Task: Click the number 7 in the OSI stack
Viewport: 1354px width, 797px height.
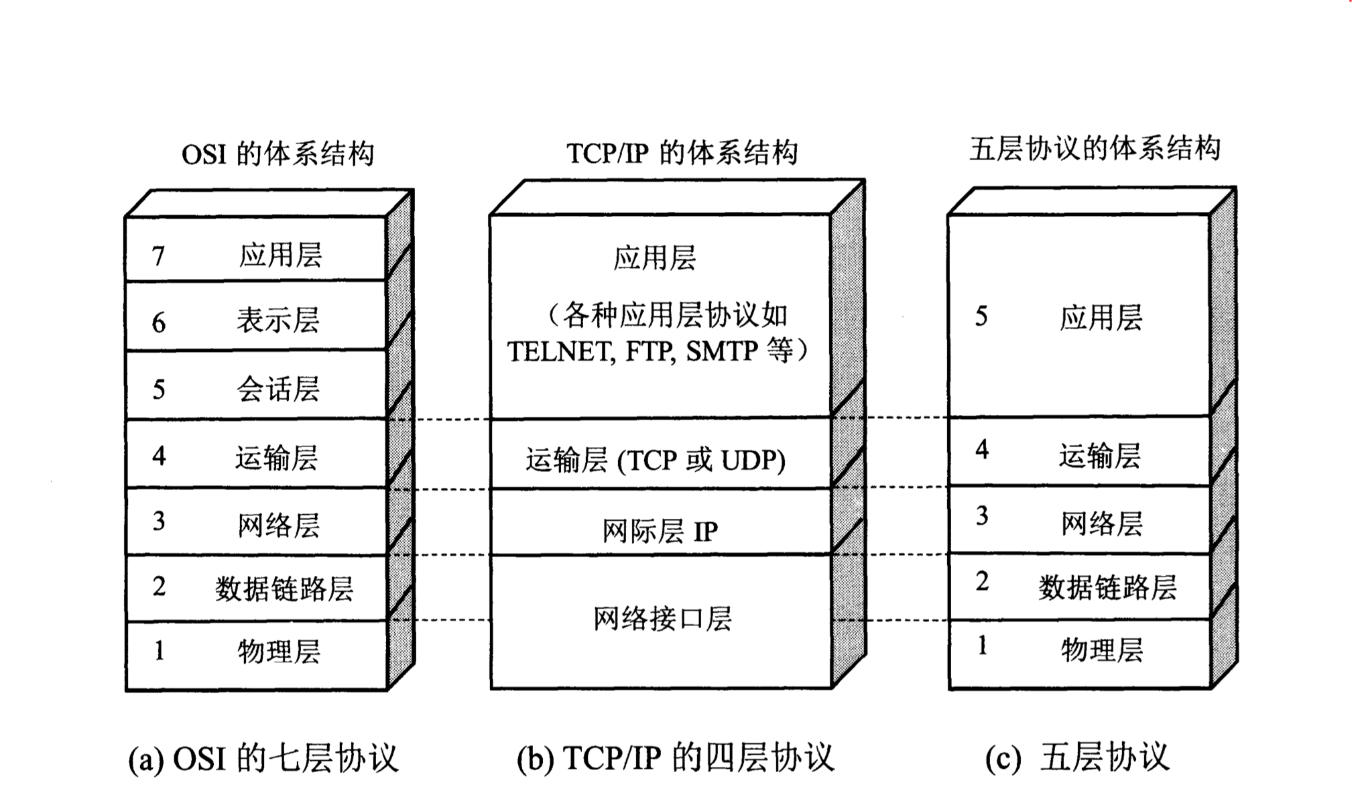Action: point(158,256)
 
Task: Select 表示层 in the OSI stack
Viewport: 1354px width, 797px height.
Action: point(278,320)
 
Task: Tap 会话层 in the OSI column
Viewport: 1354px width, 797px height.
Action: point(278,389)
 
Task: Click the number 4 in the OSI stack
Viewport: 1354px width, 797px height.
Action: point(159,456)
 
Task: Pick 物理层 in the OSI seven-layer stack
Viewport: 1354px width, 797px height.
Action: point(279,651)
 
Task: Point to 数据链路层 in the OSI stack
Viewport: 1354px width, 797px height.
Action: point(284,589)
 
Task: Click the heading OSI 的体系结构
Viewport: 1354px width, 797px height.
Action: point(278,154)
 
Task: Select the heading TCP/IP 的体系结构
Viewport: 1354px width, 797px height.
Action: point(682,153)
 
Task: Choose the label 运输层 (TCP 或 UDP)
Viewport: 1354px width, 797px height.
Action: point(655,461)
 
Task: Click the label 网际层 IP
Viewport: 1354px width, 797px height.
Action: point(660,532)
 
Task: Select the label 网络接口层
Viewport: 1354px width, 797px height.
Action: point(662,618)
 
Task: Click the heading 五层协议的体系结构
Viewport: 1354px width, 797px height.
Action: point(1094,149)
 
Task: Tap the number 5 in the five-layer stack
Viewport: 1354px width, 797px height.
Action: point(981,316)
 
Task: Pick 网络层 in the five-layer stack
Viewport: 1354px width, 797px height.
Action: point(1101,523)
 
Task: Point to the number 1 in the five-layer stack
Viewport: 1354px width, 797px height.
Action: point(982,646)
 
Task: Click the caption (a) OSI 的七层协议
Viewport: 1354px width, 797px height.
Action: point(263,758)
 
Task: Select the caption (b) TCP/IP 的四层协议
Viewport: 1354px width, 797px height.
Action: point(675,758)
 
